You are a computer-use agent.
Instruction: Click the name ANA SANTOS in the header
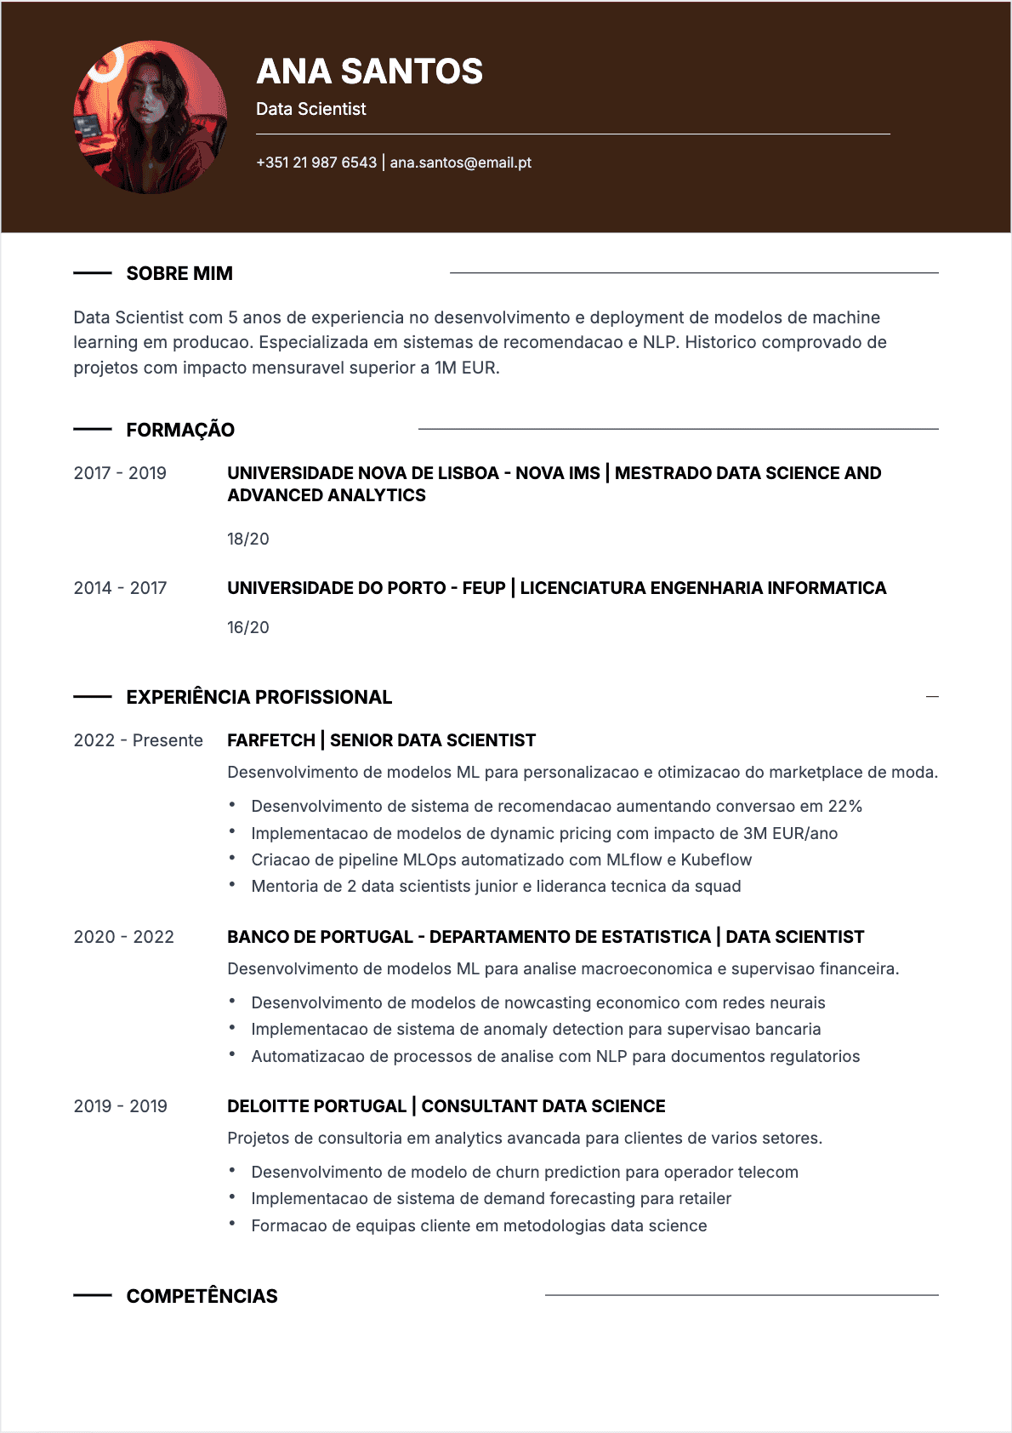(x=369, y=71)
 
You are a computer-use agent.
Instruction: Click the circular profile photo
(x=151, y=117)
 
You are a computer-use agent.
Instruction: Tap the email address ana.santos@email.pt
(x=460, y=163)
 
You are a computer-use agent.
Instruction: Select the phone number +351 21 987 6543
(x=316, y=163)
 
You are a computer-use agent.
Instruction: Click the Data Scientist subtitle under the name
(x=311, y=109)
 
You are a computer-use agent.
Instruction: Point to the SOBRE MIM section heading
(x=179, y=273)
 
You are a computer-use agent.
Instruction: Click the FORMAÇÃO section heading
(x=180, y=430)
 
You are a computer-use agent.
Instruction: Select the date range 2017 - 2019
(x=120, y=473)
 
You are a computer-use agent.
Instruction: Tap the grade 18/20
(x=247, y=539)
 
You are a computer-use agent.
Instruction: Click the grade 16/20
(x=247, y=627)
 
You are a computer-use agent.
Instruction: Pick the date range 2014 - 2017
(x=120, y=588)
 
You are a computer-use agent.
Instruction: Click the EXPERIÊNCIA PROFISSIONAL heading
(x=259, y=697)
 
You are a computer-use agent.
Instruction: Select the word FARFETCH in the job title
(x=271, y=740)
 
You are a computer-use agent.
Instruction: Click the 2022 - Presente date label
(x=139, y=740)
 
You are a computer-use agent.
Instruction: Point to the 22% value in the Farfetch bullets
(x=845, y=806)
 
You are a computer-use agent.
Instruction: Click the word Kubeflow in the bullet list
(x=716, y=859)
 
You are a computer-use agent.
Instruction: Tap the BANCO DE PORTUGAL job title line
(x=545, y=937)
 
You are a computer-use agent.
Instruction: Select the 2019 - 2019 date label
(x=120, y=1106)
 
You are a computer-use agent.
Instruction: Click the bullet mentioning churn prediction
(x=525, y=1172)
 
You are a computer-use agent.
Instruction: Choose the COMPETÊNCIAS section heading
(x=202, y=1296)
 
